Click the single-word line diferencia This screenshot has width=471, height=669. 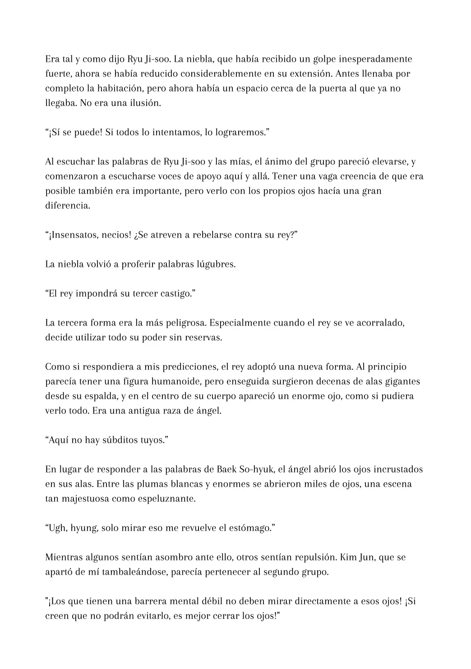(x=67, y=206)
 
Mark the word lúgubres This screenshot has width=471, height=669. (x=216, y=264)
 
